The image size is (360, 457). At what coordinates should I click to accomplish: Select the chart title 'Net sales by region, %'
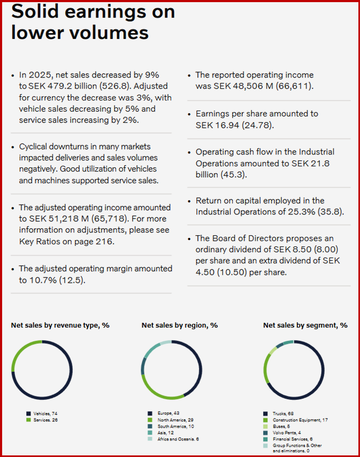click(179, 325)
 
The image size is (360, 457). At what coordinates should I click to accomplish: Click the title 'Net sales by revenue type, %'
click(60, 325)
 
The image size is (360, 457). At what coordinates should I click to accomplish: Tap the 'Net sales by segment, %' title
click(305, 325)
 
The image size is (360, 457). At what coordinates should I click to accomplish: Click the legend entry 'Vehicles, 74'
click(46, 413)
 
